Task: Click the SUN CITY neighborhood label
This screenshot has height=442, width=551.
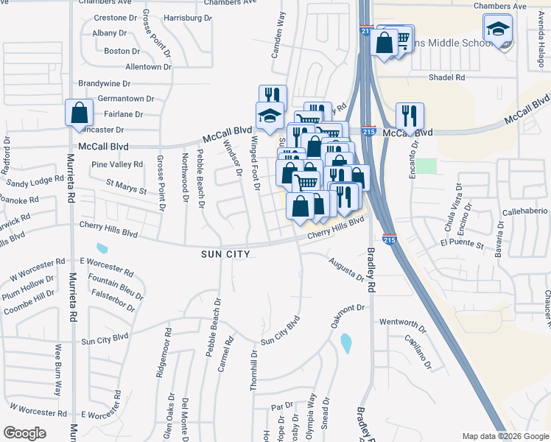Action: coord(225,254)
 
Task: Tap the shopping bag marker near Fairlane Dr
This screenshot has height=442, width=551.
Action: coord(80,113)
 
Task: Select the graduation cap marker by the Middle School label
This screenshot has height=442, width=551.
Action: coord(498,29)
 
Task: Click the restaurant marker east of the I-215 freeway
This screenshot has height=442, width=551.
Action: coord(410,116)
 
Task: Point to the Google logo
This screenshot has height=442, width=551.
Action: coord(24,433)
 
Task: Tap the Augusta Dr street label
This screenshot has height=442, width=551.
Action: coord(346,269)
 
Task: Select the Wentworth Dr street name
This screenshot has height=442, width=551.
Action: coord(403,323)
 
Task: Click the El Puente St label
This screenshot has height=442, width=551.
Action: coord(461,242)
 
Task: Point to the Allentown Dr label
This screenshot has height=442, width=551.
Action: coord(148,67)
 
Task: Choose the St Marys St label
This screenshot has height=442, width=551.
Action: coord(127,186)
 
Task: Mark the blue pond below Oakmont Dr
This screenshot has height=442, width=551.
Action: coord(346,343)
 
